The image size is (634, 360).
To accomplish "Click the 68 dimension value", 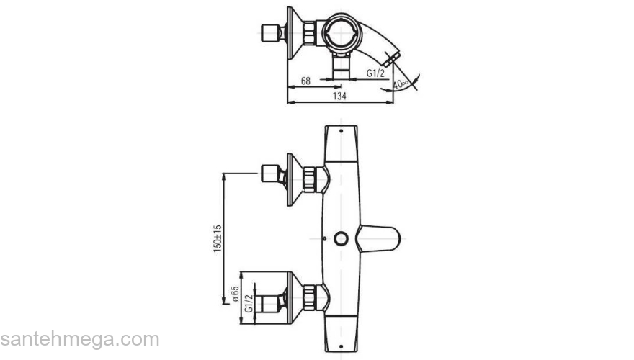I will pos(305,81).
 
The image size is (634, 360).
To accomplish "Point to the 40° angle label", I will pos(401,84).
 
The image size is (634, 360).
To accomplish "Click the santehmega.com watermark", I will pos(79,338).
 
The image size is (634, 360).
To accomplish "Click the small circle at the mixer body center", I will pos(339,238).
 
